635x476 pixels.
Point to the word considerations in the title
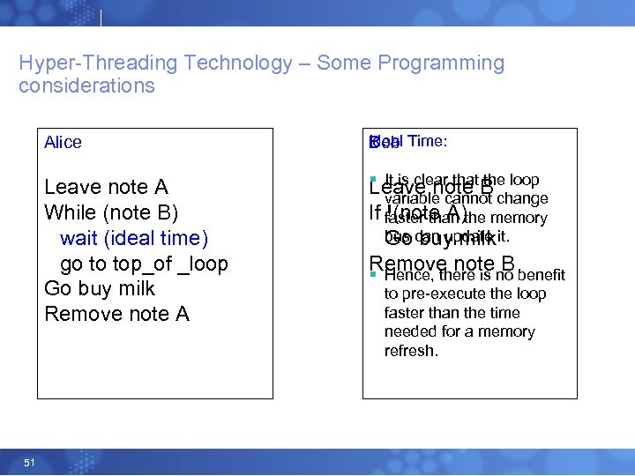86,86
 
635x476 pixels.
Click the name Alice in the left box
63,143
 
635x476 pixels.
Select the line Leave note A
106,187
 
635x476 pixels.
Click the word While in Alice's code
70,212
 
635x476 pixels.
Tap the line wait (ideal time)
134,238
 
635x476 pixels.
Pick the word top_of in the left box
145,264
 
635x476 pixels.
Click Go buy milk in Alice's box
100,289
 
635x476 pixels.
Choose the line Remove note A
116,314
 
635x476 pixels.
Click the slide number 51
29,462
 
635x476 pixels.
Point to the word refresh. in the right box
411,351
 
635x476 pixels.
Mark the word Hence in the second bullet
404,276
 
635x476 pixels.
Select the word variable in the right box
410,199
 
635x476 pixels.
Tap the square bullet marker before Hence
373,275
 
